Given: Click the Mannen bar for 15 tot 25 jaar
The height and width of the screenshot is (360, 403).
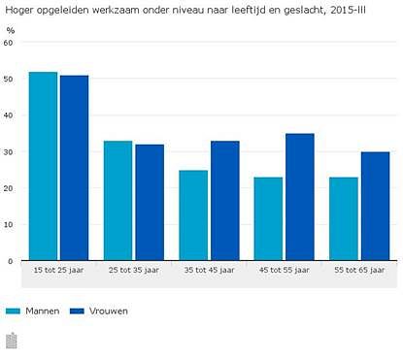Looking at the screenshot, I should pos(43,166).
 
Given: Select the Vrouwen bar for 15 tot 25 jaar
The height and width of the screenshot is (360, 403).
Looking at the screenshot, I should pos(74,168).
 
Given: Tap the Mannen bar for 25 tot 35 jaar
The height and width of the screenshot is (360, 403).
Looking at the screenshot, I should pos(118,201).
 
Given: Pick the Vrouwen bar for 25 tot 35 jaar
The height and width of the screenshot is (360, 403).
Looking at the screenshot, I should pos(150,203).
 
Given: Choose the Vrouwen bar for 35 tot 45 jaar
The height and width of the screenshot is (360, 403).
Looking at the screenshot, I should pos(224,201).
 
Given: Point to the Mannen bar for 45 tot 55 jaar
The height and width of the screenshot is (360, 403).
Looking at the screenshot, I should pos(268,219).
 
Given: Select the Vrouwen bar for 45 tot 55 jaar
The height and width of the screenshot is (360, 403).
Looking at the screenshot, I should pos(300,197).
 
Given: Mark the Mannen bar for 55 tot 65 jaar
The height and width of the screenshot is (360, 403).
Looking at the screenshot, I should pos(344,219).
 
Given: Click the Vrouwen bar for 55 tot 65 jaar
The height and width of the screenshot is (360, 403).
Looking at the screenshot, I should pos(375,207).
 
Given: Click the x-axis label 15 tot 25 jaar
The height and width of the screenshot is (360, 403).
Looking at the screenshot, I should pos(58,269).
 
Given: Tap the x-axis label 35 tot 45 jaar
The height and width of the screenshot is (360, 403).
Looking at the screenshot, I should pos(209,269).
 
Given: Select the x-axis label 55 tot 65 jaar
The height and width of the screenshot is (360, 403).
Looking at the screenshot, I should pos(359,269).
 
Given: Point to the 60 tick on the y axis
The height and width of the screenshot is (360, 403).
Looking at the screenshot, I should pos(9,43).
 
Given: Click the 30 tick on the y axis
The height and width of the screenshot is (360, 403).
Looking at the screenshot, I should pos(9,152).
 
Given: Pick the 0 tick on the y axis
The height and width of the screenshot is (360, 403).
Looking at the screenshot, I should pos(11,261).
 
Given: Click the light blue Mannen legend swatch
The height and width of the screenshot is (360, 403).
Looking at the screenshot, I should pos(14,311).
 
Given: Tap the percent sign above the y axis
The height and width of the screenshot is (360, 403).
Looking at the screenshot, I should pos(11,30).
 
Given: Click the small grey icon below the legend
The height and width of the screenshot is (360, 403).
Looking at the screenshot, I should pos(12,340).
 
